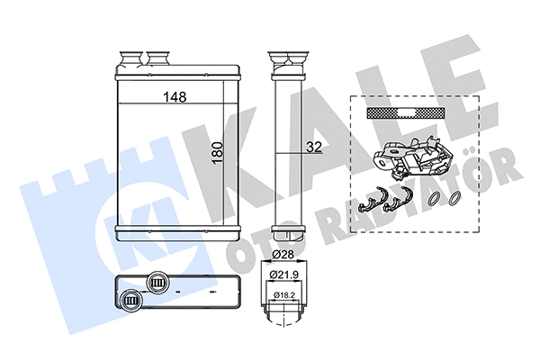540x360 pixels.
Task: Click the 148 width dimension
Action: point(175,99)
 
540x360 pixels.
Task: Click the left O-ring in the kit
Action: point(435,199)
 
